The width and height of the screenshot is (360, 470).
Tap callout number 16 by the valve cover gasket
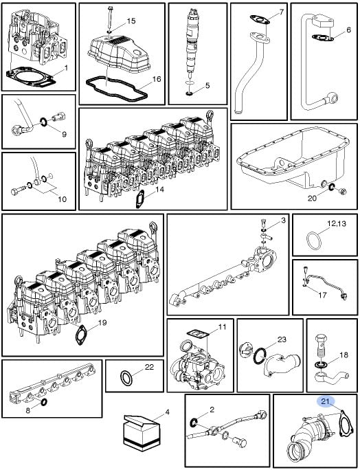click(x=157, y=79)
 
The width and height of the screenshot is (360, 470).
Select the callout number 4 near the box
click(x=167, y=412)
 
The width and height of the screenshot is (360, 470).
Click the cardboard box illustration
click(x=141, y=432)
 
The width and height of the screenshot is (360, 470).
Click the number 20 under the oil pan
click(x=312, y=198)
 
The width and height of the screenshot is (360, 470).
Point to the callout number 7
click(x=281, y=12)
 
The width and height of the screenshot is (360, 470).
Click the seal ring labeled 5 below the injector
click(x=190, y=94)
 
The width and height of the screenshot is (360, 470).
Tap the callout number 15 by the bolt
click(x=131, y=21)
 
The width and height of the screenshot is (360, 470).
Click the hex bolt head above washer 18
click(x=320, y=339)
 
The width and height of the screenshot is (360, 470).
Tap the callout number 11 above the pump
click(x=222, y=326)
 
